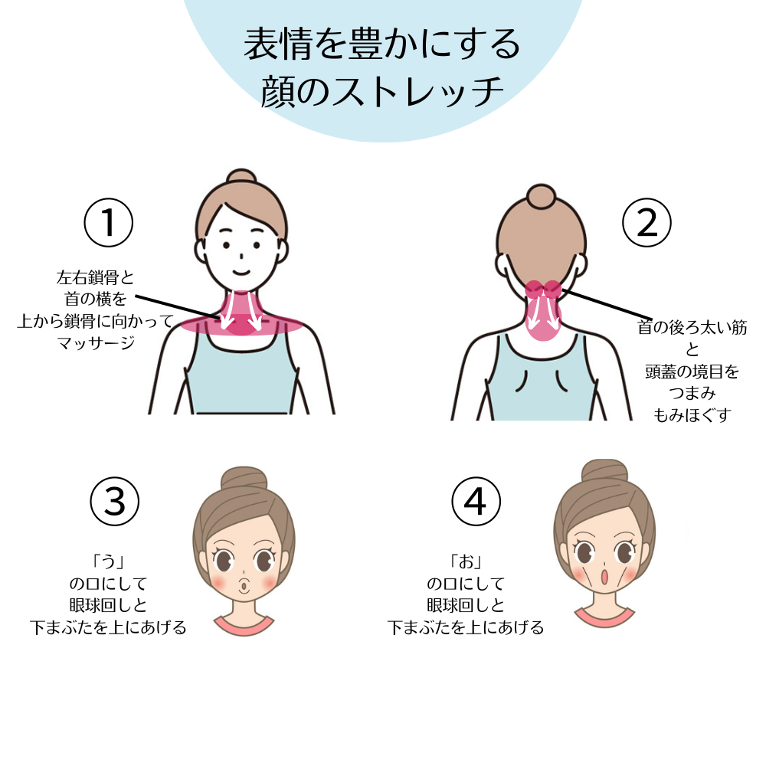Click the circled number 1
click(109, 223)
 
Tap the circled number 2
click(647, 223)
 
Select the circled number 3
click(115, 501)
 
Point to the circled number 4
click(476, 501)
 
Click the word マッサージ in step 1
click(95, 342)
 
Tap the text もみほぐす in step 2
click(692, 414)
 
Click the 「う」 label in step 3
click(108, 561)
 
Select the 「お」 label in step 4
click(466, 561)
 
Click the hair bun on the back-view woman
click(542, 196)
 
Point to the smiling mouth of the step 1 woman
click(241, 272)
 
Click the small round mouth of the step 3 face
click(244, 584)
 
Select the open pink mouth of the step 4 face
click(604, 577)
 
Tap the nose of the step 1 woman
click(241, 256)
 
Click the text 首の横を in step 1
click(95, 299)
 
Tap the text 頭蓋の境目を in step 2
click(692, 372)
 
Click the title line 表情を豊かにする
click(382, 44)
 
